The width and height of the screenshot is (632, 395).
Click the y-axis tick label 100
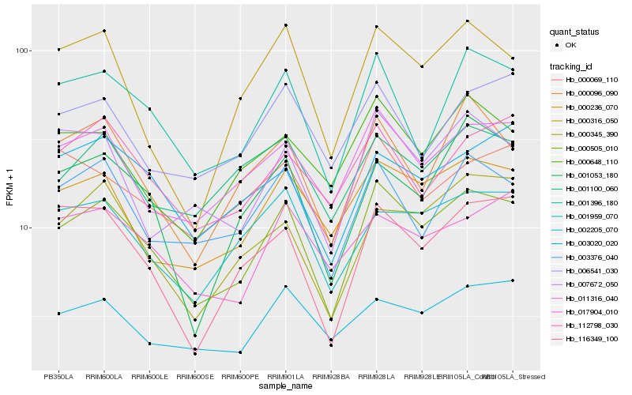21,51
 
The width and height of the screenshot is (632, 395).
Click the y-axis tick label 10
23,228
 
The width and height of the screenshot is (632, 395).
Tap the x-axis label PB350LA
58,376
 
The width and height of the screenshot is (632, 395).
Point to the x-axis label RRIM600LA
104,376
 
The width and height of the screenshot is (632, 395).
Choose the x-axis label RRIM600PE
240,376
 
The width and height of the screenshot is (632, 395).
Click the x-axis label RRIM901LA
285,376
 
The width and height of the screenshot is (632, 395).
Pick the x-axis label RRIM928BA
331,376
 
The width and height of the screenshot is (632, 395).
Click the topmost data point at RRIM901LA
285,25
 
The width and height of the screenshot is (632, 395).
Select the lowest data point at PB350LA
58,314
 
